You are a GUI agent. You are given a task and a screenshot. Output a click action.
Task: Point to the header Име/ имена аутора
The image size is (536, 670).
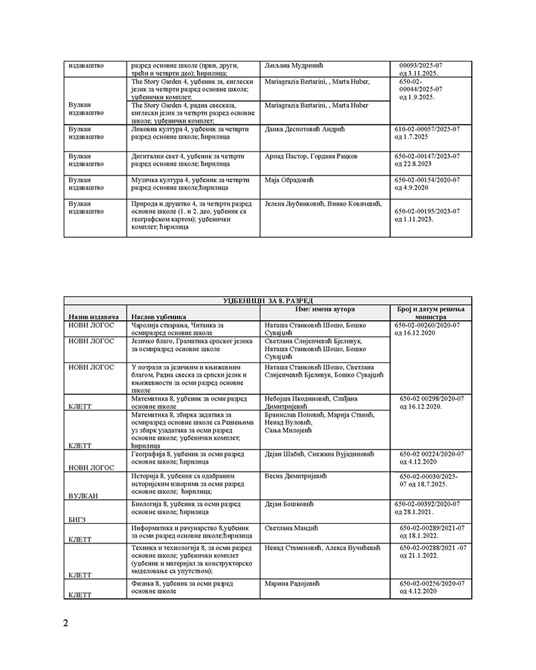(x=325, y=309)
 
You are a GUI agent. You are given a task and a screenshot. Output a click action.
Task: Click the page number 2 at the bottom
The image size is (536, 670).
(x=66, y=623)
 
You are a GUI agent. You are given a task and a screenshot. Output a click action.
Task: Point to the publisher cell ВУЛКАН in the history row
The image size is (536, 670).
(x=83, y=496)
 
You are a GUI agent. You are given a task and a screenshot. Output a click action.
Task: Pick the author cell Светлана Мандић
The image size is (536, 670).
(x=291, y=529)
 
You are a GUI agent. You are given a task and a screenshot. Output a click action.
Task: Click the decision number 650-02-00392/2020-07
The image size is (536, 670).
(x=429, y=504)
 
